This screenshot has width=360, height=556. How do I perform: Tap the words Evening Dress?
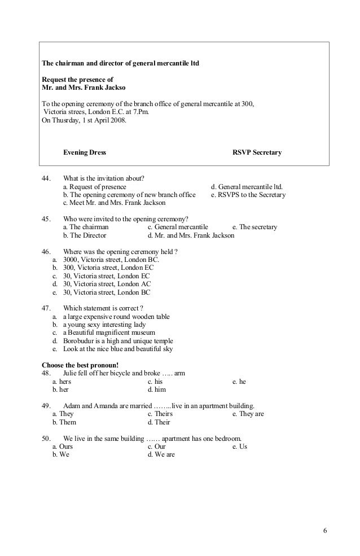[85, 153]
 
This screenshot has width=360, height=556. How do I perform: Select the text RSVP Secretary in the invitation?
[257, 153]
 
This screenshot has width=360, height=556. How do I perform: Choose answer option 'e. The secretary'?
[254, 227]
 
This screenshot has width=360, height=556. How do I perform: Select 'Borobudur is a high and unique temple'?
[118, 341]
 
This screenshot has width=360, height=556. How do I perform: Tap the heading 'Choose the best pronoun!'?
[81, 365]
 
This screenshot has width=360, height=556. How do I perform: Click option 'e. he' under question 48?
[239, 382]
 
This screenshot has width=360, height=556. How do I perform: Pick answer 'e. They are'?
[248, 414]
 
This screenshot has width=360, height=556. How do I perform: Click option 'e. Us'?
[240, 446]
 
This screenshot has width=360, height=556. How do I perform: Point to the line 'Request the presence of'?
[78, 80]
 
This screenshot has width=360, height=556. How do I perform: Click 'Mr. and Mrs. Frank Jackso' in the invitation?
[84, 89]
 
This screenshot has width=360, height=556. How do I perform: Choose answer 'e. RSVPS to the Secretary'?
[248, 195]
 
